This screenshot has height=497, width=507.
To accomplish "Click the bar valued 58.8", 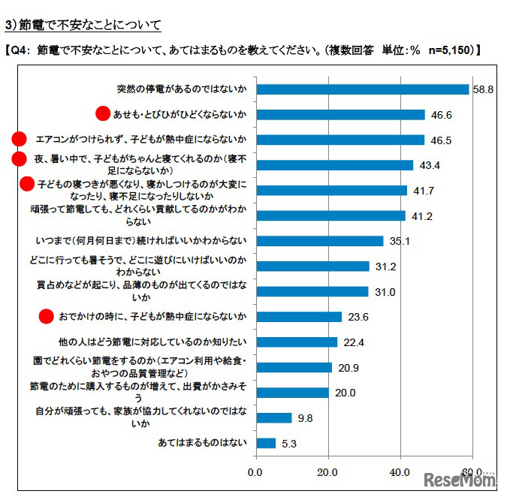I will tap(363, 89).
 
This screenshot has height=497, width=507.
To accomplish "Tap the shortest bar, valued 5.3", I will tap(266, 443).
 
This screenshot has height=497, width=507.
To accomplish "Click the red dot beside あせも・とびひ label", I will tap(104, 113).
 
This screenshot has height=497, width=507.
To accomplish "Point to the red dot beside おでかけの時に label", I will tap(47, 317).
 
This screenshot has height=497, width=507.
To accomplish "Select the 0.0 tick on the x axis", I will tap(256, 471).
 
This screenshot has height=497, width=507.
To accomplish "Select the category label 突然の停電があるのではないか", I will tap(182, 89).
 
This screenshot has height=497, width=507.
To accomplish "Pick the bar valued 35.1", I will tap(320, 241).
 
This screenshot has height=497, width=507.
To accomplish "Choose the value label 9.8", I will tap(306, 417).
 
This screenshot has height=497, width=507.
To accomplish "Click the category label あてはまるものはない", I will tap(202, 443).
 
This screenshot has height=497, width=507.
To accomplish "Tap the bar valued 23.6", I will tap(299, 317).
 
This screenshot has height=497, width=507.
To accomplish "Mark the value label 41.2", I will tap(421, 215).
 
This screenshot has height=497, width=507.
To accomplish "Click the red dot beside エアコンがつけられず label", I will tap(20, 139).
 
